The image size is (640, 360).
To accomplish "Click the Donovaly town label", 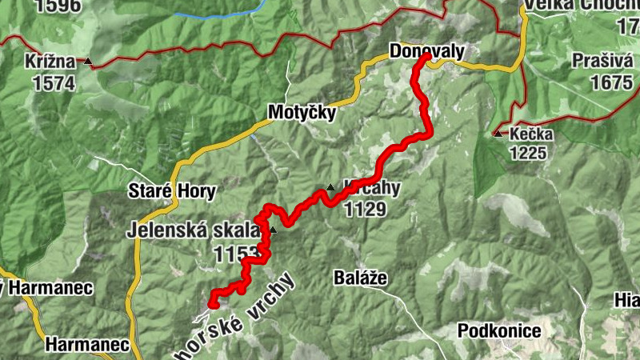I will [x=426, y=51].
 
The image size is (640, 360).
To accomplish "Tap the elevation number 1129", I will [x=364, y=210].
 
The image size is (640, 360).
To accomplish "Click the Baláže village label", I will [x=360, y=278].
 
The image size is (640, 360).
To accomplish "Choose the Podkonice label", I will [x=499, y=330].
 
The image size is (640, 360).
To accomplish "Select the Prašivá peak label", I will [x=602, y=62].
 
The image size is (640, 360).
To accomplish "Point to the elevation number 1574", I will [x=54, y=82].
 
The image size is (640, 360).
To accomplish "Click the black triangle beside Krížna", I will [x=89, y=62].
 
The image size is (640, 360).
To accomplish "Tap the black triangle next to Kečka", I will [x=498, y=133].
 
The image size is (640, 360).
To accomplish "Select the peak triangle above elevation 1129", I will [x=330, y=188].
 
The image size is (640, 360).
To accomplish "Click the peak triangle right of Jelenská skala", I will [x=273, y=230].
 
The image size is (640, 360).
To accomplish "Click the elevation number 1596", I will [x=58, y=6].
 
